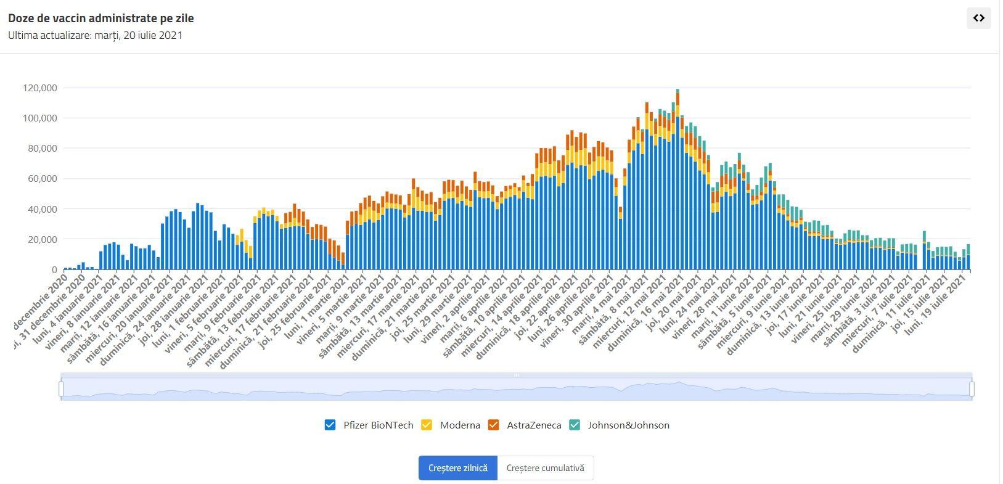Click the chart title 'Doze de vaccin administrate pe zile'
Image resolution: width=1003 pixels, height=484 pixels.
pyautogui.click(x=101, y=18)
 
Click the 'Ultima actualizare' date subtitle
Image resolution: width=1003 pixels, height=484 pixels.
pyautogui.click(x=95, y=35)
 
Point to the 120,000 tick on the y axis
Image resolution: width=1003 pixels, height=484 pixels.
pyautogui.click(x=40, y=88)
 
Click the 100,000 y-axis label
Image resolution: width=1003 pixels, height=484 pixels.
pyautogui.click(x=40, y=118)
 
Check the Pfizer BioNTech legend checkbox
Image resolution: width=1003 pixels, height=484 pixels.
pyautogui.click(x=330, y=425)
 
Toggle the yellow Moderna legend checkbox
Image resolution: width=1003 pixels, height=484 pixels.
pyautogui.click(x=426, y=425)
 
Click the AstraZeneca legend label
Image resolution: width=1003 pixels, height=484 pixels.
pyautogui.click(x=534, y=425)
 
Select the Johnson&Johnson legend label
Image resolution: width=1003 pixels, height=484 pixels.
pyautogui.click(x=628, y=425)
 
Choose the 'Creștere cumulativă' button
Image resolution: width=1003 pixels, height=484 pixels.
pyautogui.click(x=545, y=468)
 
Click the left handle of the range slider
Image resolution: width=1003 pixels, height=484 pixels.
pyautogui.click(x=61, y=388)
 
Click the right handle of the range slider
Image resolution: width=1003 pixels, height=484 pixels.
pyautogui.click(x=972, y=388)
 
